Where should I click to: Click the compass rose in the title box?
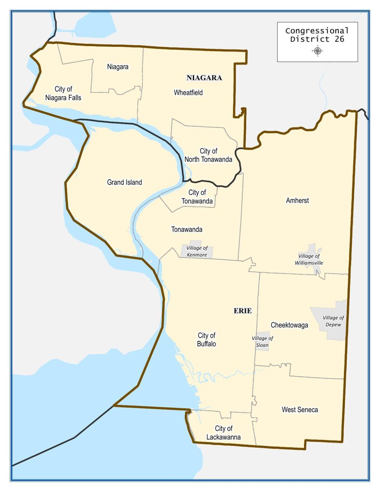(318, 51)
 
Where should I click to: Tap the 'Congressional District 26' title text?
(317, 35)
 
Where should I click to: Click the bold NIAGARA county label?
(204, 78)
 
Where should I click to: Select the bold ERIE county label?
(243, 311)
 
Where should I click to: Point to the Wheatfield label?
(188, 93)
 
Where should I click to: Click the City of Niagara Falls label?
(63, 93)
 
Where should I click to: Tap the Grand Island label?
(124, 182)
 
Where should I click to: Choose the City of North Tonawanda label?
(208, 155)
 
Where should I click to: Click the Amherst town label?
(297, 200)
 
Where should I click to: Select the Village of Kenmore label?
(197, 251)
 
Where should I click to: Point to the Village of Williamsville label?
(309, 259)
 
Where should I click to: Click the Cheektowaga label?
(289, 325)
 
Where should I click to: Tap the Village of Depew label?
(333, 321)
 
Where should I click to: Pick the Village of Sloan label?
(262, 342)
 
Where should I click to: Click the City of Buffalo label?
(206, 339)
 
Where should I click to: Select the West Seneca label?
(300, 410)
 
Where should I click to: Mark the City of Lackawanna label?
(224, 432)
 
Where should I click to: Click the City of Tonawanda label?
(197, 197)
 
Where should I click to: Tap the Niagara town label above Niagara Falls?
(118, 67)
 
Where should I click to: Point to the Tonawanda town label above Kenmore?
(187, 229)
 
